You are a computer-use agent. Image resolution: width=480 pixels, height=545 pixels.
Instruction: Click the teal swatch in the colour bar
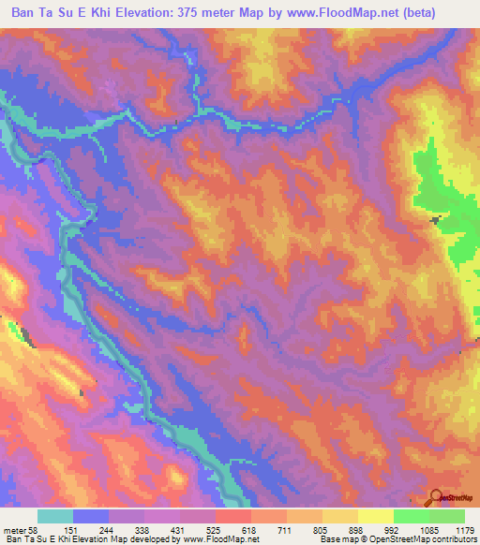(55, 516)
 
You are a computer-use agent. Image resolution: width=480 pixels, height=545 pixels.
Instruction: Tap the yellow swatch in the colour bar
(375, 516)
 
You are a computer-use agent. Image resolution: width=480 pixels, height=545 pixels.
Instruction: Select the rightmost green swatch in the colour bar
(447, 516)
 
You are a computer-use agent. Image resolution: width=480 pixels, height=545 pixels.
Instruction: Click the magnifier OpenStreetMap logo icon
(435, 497)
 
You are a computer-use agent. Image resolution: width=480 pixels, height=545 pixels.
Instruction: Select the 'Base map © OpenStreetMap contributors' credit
(398, 539)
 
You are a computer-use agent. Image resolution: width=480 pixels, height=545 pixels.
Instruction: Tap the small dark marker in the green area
(434, 220)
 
